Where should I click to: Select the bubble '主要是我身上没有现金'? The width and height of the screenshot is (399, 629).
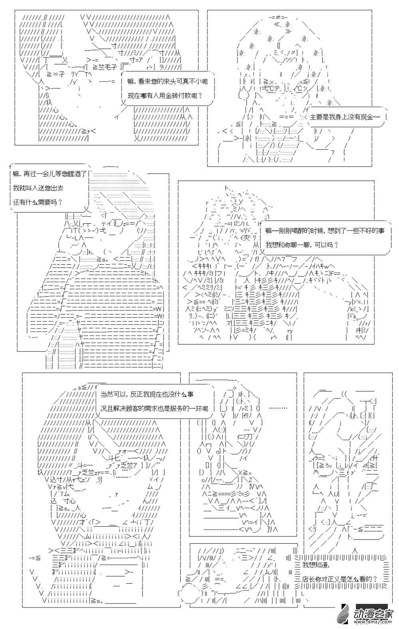point(345,117)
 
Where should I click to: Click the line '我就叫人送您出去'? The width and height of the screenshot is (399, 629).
point(38,188)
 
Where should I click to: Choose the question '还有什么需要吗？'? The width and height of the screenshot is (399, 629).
point(38,202)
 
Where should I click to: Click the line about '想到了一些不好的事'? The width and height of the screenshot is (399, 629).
point(325,231)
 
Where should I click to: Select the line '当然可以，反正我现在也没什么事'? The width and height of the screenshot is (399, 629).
point(147,394)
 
